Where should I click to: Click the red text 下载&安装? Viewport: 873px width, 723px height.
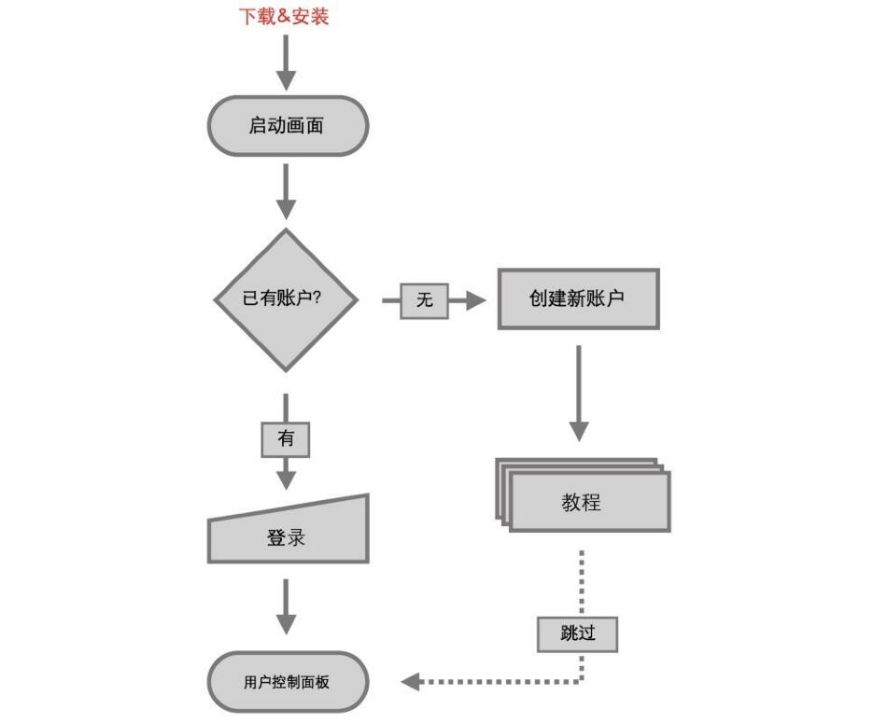click(285, 17)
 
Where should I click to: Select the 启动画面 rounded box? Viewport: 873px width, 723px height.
click(288, 125)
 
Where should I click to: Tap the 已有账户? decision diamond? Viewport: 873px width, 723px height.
click(287, 299)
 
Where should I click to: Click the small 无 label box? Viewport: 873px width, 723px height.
click(424, 300)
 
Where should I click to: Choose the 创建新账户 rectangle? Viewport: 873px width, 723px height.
click(578, 299)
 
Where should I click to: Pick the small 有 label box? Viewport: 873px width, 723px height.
click(286, 438)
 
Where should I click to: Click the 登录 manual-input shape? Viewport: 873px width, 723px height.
click(288, 535)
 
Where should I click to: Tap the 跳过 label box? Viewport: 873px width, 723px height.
click(578, 633)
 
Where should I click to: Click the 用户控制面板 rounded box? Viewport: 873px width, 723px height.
click(288, 682)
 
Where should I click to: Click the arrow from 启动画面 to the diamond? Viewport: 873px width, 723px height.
click(287, 192)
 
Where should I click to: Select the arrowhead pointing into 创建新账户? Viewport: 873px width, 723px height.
click(477, 300)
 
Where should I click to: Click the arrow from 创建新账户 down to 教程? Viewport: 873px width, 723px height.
click(579, 393)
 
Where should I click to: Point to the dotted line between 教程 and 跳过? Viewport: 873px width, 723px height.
click(582, 582)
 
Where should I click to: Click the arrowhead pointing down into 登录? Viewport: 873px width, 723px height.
click(287, 479)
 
